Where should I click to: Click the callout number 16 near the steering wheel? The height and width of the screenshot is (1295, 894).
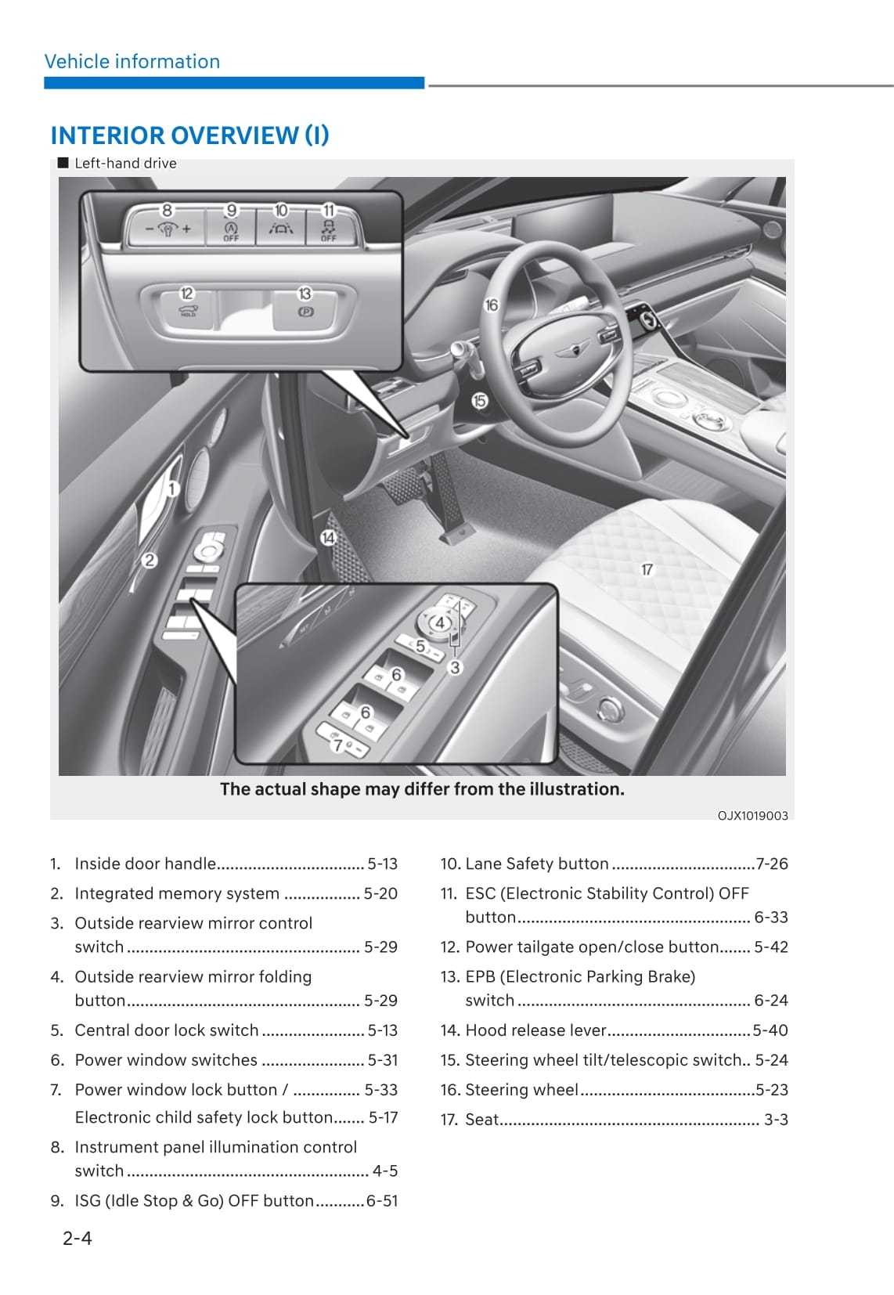491,305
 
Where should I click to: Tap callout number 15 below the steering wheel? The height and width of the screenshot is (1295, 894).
479,401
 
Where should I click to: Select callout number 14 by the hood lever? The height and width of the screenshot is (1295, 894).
328,537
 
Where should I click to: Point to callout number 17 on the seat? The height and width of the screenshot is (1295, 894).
647,569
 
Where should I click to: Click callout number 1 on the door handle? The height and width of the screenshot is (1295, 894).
172,489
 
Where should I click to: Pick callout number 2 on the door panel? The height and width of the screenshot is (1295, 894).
149,561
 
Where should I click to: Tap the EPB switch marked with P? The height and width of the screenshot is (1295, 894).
305,311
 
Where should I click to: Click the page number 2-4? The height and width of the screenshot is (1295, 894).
78,1238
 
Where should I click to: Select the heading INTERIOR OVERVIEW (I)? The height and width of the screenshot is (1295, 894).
189,135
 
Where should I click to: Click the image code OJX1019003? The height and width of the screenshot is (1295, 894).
752,815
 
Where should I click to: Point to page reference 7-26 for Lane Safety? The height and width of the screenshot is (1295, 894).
772,864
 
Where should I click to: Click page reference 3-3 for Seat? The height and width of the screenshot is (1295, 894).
776,1120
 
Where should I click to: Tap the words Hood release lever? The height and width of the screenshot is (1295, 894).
535,1030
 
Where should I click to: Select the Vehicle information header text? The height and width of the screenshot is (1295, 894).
132,61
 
